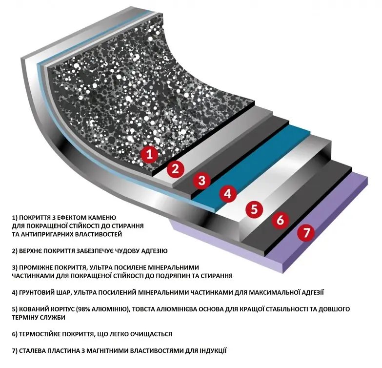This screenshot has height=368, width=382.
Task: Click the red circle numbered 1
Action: (x=149, y=155)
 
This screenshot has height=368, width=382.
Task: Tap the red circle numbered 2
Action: (x=176, y=169)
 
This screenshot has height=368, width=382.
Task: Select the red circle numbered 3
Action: (x=202, y=181)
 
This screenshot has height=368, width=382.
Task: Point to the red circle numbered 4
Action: (x=228, y=194)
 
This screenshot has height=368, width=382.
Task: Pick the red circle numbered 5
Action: (x=254, y=209)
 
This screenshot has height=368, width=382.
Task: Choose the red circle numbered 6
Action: (x=280, y=220)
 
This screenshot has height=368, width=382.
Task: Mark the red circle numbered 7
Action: (x=306, y=232)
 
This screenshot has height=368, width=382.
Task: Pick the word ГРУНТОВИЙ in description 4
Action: (x=38, y=292)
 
